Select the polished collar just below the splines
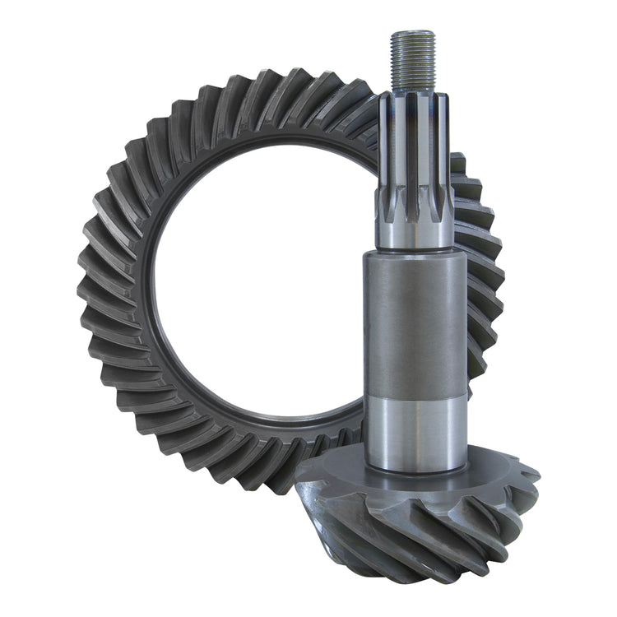(414, 230)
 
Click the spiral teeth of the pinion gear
(428, 527)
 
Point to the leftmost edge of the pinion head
(298, 481)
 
